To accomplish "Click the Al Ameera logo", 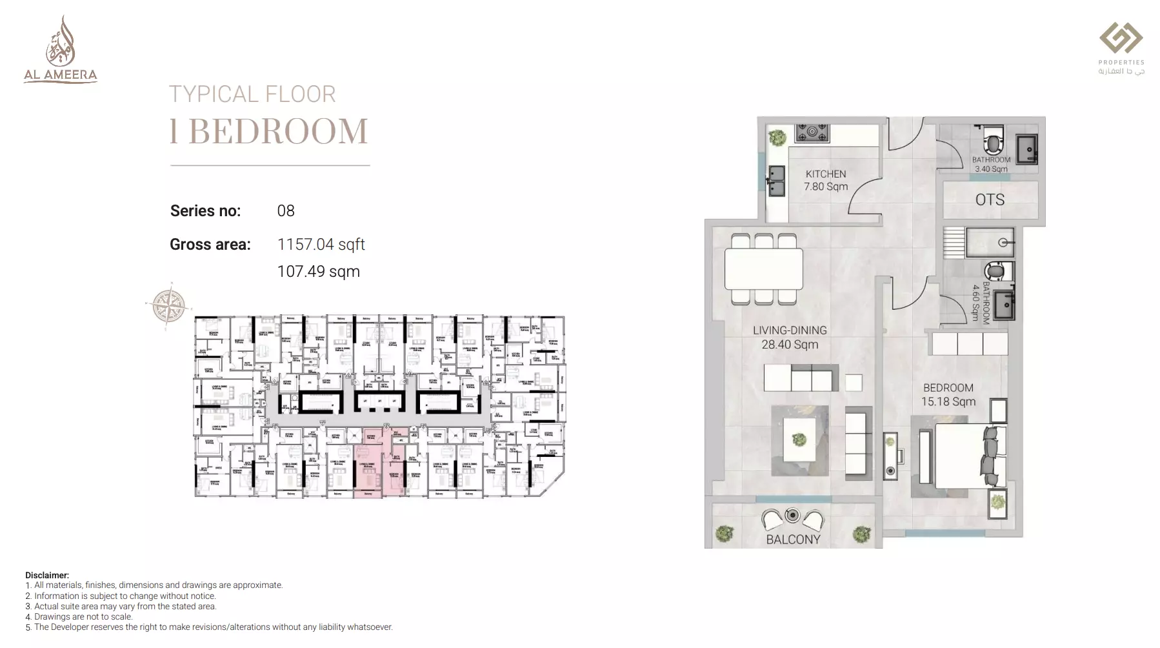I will (61, 50).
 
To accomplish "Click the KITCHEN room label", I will (825, 174).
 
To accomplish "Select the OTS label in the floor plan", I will (990, 200).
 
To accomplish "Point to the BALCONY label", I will (793, 540).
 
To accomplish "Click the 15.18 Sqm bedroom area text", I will (948, 401).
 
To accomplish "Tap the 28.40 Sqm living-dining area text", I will (790, 345).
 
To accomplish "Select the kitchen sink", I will (776, 181).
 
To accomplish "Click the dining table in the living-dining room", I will (764, 268).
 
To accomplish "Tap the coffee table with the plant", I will (799, 440).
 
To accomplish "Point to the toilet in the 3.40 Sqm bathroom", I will (994, 139).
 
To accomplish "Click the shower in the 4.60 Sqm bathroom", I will (990, 243).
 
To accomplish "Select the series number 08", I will (286, 211).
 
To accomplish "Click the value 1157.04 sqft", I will (321, 245).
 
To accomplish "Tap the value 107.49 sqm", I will (318, 272).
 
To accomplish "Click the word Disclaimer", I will (46, 575).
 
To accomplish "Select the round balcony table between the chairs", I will (792, 516).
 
